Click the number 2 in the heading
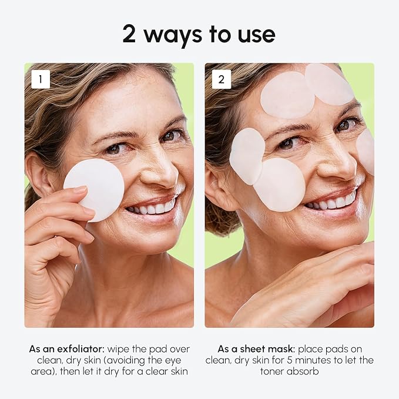[132, 35]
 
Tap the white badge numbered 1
[41, 79]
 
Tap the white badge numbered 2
[222, 79]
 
